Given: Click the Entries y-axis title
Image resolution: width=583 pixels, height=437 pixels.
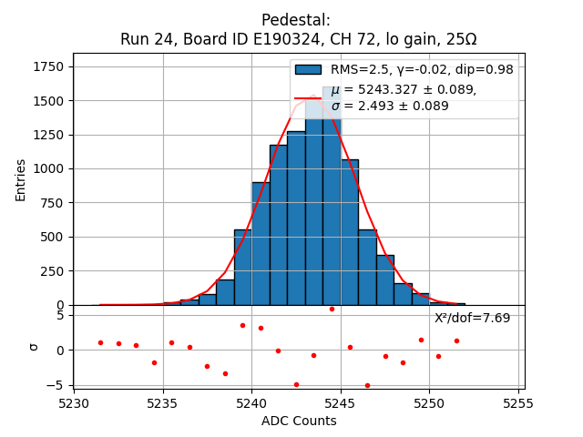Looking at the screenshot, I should pyautogui.click(x=21, y=179).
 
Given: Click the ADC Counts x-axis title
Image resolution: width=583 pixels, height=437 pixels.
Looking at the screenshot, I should pyautogui.click(x=299, y=421).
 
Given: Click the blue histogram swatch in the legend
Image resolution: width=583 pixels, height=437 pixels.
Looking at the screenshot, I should pyautogui.click(x=308, y=70).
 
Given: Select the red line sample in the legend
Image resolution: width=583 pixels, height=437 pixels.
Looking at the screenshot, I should pyautogui.click(x=308, y=97).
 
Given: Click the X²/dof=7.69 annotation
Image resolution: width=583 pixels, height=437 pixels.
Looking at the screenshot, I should pyautogui.click(x=472, y=318).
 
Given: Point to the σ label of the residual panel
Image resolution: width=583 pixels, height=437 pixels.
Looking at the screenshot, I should pyautogui.click(x=34, y=347).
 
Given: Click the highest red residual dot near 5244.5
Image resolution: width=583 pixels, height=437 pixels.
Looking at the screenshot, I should pyautogui.click(x=332, y=309).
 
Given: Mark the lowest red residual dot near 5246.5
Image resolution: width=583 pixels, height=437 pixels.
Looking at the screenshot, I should pyautogui.click(x=367, y=385).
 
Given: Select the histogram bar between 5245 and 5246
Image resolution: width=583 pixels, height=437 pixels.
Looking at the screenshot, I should pyautogui.click(x=350, y=232).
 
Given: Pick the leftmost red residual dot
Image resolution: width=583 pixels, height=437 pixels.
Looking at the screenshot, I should pyautogui.click(x=100, y=342).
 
